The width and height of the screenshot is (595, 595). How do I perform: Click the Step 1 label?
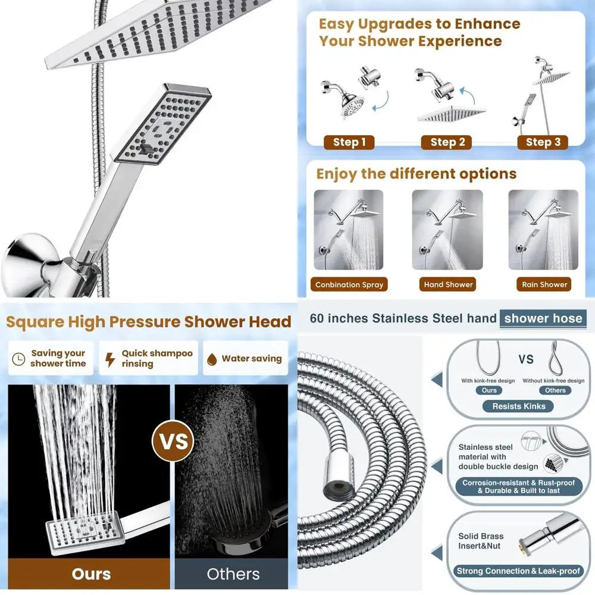click(349, 142)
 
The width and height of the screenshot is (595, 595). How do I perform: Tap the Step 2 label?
click(447, 142)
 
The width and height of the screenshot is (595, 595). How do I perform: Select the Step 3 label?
click(543, 142)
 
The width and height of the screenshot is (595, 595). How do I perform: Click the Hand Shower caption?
click(449, 284)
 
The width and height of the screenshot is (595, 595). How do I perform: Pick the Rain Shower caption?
click(544, 284)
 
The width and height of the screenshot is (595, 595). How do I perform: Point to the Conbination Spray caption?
click(349, 284)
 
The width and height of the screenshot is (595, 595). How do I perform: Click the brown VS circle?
click(172, 441)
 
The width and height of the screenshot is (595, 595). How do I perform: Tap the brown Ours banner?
click(91, 574)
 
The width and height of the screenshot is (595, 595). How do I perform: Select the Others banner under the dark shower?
click(233, 574)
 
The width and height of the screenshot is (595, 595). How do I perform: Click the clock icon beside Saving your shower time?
click(18, 359)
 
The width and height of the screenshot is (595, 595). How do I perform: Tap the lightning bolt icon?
click(110, 359)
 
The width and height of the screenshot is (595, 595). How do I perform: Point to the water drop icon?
click(211, 359)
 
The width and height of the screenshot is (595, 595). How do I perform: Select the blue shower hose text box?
click(543, 318)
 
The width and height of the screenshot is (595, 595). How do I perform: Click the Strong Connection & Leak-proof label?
click(518, 571)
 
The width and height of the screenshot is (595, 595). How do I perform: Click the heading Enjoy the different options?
click(416, 174)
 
